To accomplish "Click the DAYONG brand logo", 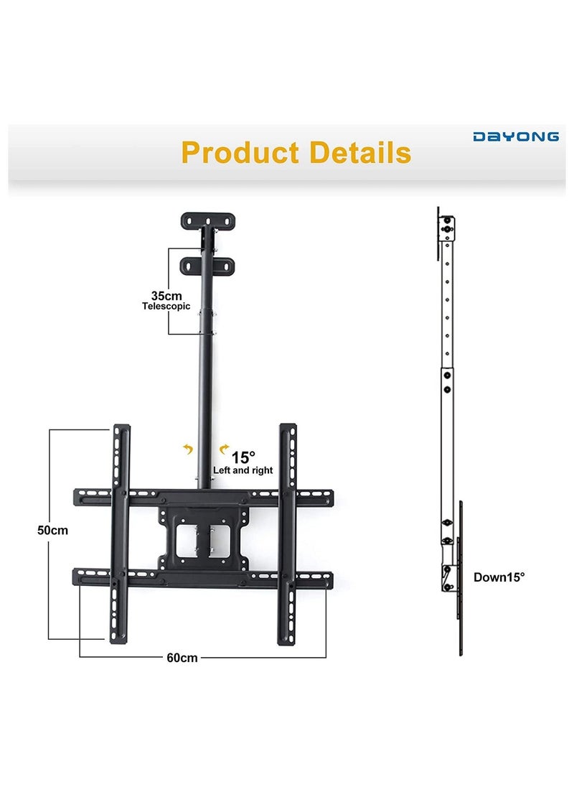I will pos(515,136).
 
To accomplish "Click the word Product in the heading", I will pos(240,153).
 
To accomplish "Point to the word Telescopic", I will pos(166,307).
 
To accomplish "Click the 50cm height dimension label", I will pos(53,531).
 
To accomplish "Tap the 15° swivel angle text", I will pos(243,457).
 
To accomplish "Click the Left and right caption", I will pos(243,471).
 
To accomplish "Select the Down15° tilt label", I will pos(499,577).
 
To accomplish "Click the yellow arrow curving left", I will pos(189,450).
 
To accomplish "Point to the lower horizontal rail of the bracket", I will pos(203,577).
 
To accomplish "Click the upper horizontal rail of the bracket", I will pos(203,496).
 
